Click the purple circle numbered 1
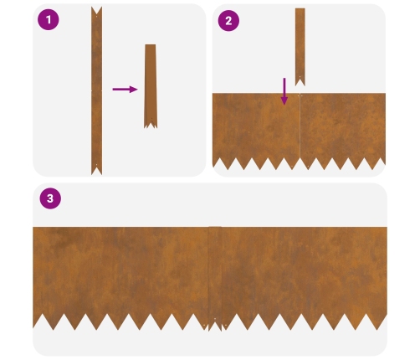(x=49, y=19)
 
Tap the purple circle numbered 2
(x=228, y=21)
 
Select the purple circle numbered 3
(x=50, y=198)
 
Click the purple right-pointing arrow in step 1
(x=125, y=90)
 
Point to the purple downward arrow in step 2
(x=284, y=91)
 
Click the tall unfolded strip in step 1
(x=96, y=90)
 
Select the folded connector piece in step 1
(x=151, y=86)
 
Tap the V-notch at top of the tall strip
(x=96, y=11)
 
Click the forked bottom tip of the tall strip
(x=96, y=170)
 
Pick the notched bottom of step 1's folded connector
(x=151, y=124)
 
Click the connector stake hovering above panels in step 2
(x=300, y=47)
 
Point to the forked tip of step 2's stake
(x=300, y=82)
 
